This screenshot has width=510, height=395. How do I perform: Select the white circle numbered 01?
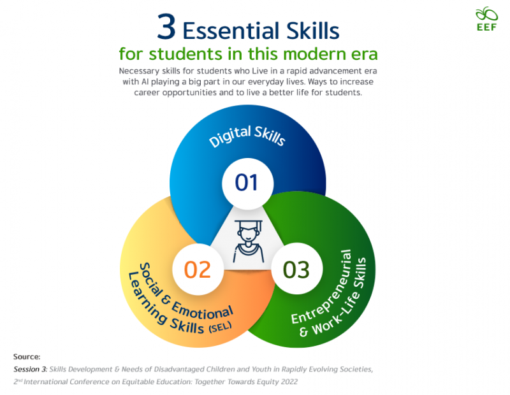pyautogui.click(x=246, y=182)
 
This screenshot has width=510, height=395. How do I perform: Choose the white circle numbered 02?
pyautogui.click(x=198, y=269)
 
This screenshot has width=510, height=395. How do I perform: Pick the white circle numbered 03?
pyautogui.click(x=296, y=269)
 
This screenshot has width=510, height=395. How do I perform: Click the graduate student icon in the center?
pyautogui.click(x=246, y=241)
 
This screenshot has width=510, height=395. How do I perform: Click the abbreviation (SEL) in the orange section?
pyautogui.click(x=219, y=328)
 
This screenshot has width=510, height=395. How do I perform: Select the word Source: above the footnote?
pyautogui.click(x=27, y=357)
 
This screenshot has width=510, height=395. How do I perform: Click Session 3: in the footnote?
pyautogui.click(x=31, y=370)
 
